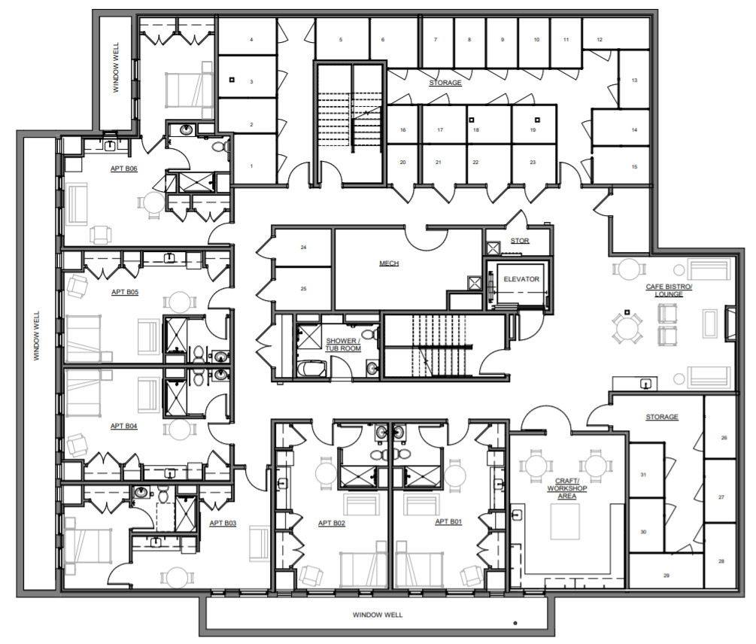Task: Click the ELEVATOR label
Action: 521,279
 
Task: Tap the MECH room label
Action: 388,263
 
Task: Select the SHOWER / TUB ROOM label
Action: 343,345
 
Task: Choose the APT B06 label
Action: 123,169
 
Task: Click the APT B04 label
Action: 123,426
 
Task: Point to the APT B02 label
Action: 331,523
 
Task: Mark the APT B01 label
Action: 448,521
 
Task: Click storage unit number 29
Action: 666,576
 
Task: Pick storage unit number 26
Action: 724,437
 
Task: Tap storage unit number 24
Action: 303,247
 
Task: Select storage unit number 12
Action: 600,39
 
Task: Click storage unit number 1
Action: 252,166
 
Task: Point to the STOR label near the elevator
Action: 520,241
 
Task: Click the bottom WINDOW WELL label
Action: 378,615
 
